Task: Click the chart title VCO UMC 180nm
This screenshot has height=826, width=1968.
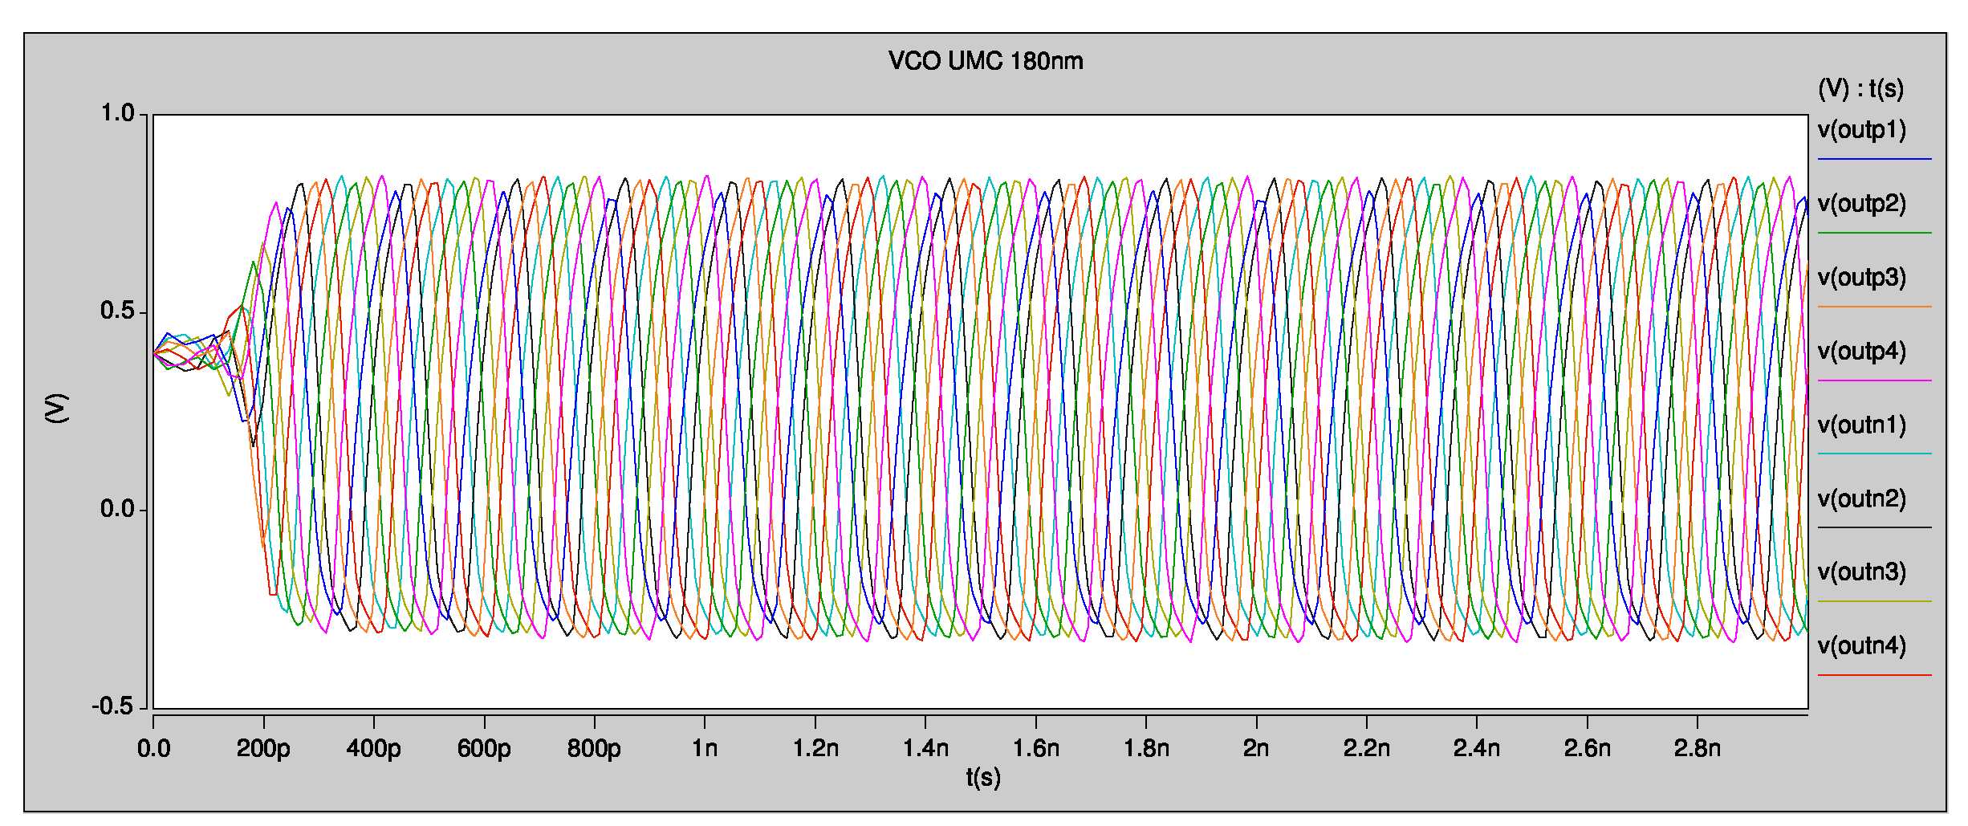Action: tap(985, 61)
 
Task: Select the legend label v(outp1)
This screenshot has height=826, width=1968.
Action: tap(1861, 130)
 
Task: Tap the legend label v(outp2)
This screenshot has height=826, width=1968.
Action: tap(1861, 204)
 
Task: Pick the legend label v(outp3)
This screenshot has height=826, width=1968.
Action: tap(1861, 278)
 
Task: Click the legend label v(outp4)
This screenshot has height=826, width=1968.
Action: tap(1861, 352)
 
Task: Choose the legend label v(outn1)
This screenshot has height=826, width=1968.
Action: tap(1861, 425)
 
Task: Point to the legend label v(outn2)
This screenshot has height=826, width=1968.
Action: tap(1861, 499)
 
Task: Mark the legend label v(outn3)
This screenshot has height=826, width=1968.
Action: tap(1861, 572)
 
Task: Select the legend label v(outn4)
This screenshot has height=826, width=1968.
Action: tap(1861, 646)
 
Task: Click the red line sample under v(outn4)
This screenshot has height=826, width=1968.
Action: tap(1874, 675)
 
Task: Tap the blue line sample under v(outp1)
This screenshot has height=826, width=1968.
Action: tap(1874, 159)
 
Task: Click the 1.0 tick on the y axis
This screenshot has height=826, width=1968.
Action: tap(117, 114)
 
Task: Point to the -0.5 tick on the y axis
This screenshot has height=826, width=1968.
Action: tap(112, 707)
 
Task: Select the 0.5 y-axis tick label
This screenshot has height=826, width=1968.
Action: tap(117, 311)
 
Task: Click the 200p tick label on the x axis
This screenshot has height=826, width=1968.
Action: tap(263, 749)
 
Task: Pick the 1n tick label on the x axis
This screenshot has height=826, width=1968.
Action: tap(705, 749)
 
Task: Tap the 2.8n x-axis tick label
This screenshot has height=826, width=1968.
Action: tap(1697, 749)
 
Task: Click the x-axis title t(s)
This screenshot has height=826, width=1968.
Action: tap(983, 777)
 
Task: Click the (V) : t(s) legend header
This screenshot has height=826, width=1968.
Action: tap(1860, 88)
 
